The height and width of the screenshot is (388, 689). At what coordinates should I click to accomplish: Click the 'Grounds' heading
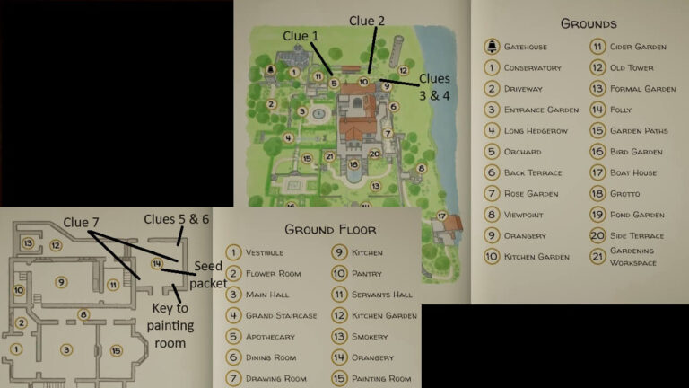(x=588, y=23)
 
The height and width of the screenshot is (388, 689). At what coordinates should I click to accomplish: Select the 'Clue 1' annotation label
(x=301, y=35)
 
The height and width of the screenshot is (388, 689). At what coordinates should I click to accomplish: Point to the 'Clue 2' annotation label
(x=366, y=21)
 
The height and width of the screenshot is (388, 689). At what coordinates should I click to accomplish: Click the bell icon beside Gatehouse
(x=492, y=47)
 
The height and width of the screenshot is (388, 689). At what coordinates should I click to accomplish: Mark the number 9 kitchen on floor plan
(x=61, y=282)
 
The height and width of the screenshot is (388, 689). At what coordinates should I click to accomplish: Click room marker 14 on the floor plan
(x=157, y=264)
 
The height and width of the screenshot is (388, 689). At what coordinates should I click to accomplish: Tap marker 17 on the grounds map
(x=442, y=216)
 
